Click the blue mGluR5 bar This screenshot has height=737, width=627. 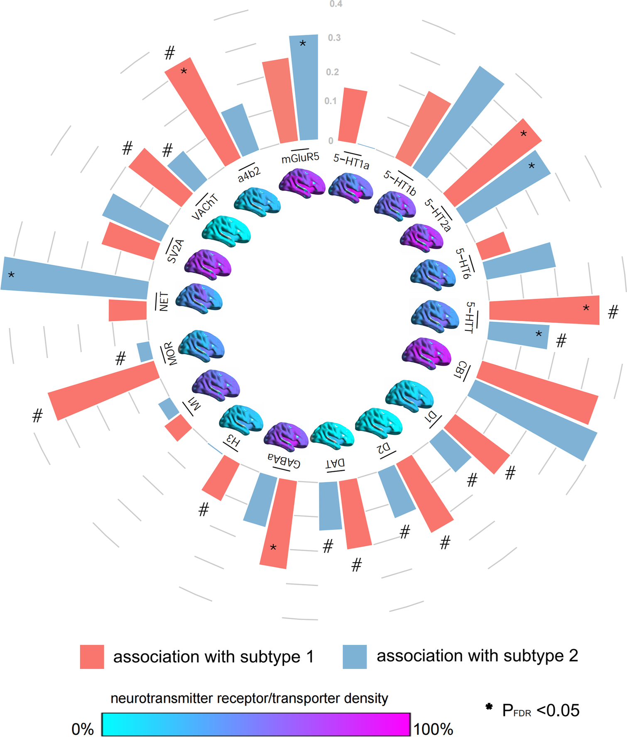304,88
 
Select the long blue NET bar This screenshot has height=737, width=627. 75,277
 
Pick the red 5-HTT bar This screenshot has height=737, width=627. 544,310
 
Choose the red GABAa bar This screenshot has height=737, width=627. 278,523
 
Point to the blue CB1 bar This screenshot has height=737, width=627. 533,420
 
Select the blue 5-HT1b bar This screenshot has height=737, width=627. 459,122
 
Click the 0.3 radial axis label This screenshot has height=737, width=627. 334,38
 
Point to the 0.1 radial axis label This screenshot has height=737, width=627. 331,101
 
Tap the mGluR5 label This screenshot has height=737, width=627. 300,158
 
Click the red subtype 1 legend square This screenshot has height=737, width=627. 92,656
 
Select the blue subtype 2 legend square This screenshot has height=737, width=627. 355,656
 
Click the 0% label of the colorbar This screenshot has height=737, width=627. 83,729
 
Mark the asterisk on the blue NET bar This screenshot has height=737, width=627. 12,275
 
